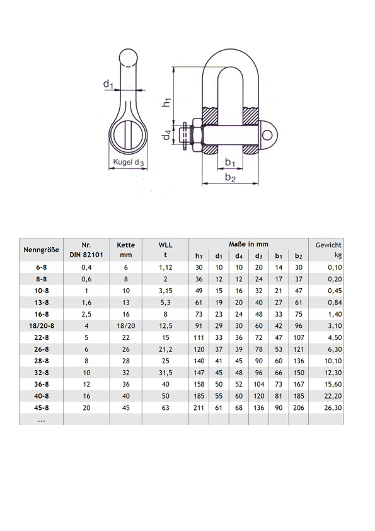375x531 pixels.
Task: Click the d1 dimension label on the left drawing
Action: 108,83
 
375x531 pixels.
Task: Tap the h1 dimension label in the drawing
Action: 166,102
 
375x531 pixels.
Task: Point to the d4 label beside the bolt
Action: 166,135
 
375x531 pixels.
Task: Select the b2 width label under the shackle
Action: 230,177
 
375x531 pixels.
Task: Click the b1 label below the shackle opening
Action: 230,162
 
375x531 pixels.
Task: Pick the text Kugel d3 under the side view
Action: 129,162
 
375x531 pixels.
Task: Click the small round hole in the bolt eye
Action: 267,135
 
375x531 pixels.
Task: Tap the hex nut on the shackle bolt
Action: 197,135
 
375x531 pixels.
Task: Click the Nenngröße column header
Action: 42,250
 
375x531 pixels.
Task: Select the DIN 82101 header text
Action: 86,255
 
